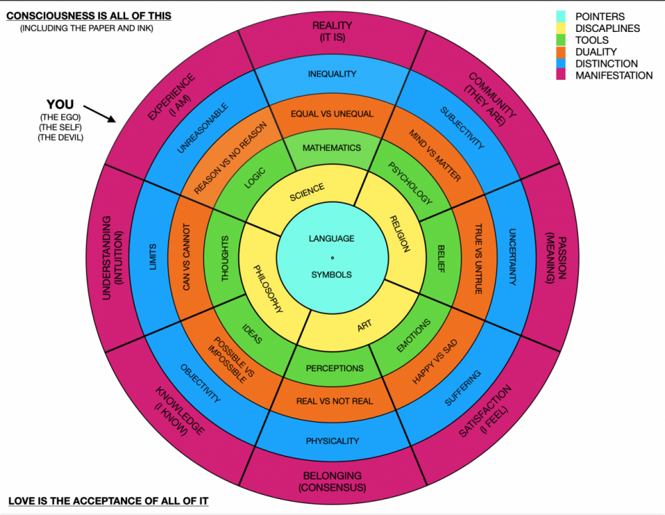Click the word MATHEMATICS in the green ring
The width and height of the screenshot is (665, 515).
tap(332, 148)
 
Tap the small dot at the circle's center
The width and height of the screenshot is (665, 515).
tap(332, 258)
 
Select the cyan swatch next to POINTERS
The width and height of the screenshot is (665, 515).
tap(561, 17)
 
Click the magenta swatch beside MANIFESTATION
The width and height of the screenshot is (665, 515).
tap(561, 75)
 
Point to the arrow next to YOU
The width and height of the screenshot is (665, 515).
tap(99, 114)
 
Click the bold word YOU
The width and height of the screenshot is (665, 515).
tap(61, 104)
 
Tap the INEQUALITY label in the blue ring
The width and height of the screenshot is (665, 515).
tap(332, 74)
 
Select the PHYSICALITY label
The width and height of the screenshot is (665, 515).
tap(332, 441)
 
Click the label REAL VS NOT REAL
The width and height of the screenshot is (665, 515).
tap(334, 401)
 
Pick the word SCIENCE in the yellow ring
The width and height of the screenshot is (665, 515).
tap(307, 192)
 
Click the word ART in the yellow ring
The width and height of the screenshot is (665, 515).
tap(364, 326)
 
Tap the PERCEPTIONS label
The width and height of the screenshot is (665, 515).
tap(334, 368)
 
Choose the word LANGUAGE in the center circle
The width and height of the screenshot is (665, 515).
tap(332, 238)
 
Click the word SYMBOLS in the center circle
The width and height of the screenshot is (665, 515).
tap(332, 275)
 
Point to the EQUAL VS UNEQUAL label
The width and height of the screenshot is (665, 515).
tap(332, 114)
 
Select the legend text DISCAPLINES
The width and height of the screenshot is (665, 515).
tap(607, 29)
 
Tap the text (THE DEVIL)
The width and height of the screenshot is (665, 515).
tap(61, 138)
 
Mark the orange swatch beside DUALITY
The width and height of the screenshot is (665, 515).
tap(561, 52)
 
